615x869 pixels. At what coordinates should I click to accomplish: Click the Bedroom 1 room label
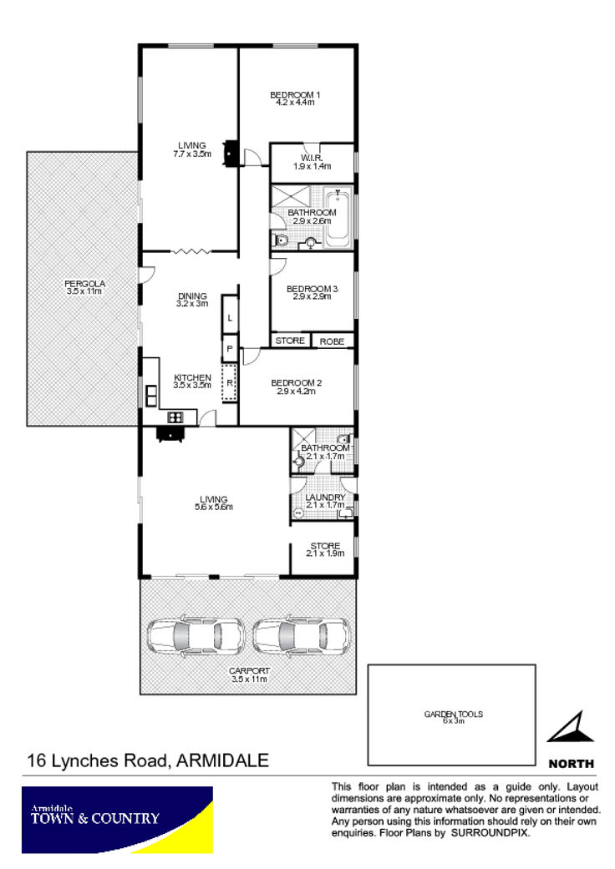click(x=295, y=99)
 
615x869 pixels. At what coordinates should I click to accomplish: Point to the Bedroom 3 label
click(x=313, y=293)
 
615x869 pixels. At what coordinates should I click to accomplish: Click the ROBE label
click(x=333, y=341)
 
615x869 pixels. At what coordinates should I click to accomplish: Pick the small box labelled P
click(x=230, y=349)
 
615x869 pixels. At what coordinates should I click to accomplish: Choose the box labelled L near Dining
click(x=230, y=317)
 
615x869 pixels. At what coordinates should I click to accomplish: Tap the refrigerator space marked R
click(x=230, y=382)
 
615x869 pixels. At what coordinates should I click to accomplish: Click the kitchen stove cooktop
click(x=175, y=417)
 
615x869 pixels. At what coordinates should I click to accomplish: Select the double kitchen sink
click(x=151, y=396)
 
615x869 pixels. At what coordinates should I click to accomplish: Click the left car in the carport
click(x=196, y=635)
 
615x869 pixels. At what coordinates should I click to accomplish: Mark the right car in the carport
click(x=302, y=635)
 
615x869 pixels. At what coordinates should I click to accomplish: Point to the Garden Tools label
click(x=454, y=717)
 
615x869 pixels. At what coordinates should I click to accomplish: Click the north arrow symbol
click(x=572, y=727)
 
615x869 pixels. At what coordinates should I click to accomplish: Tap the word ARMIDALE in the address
click(x=222, y=760)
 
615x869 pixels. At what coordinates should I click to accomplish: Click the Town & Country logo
click(x=117, y=820)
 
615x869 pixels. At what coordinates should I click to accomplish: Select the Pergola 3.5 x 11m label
click(x=84, y=287)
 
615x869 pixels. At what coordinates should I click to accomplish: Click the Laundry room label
click(x=326, y=501)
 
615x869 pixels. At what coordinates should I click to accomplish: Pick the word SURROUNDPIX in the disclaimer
click(x=490, y=833)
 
